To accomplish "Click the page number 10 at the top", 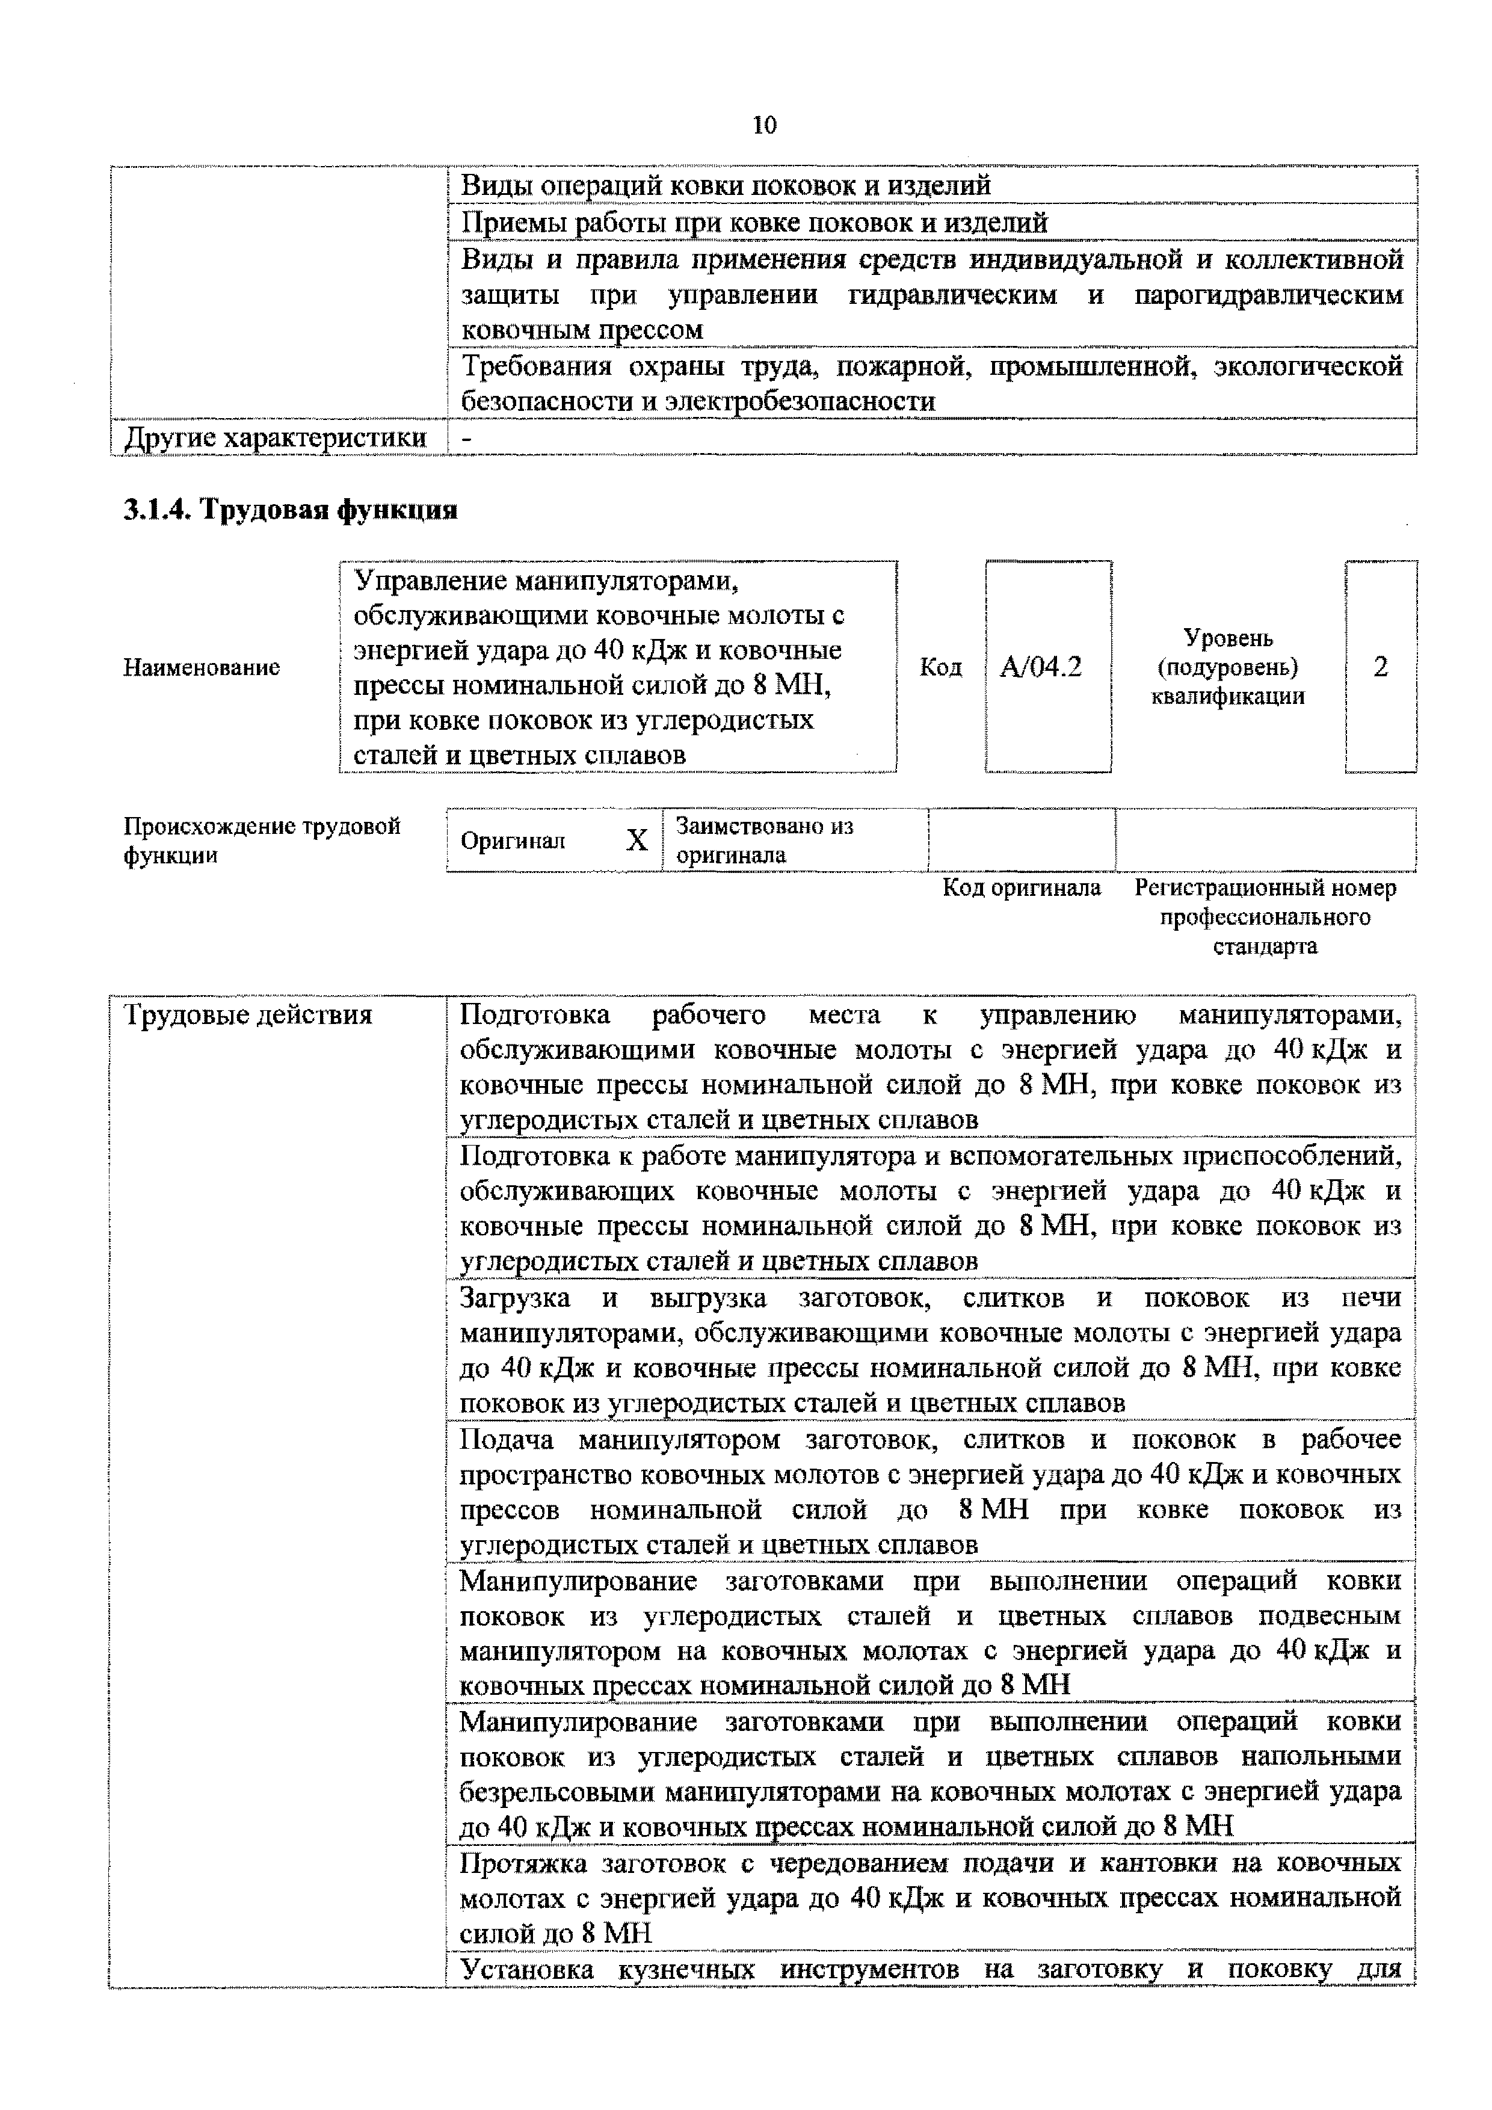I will [763, 126].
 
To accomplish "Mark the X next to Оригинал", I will [637, 840].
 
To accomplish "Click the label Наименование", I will [201, 667].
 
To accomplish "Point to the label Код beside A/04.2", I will [940, 667].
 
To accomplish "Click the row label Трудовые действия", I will [248, 1016].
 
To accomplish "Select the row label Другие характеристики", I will [275, 437].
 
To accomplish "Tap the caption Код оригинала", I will [1022, 888].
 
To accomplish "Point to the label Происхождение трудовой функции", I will [261, 840].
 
